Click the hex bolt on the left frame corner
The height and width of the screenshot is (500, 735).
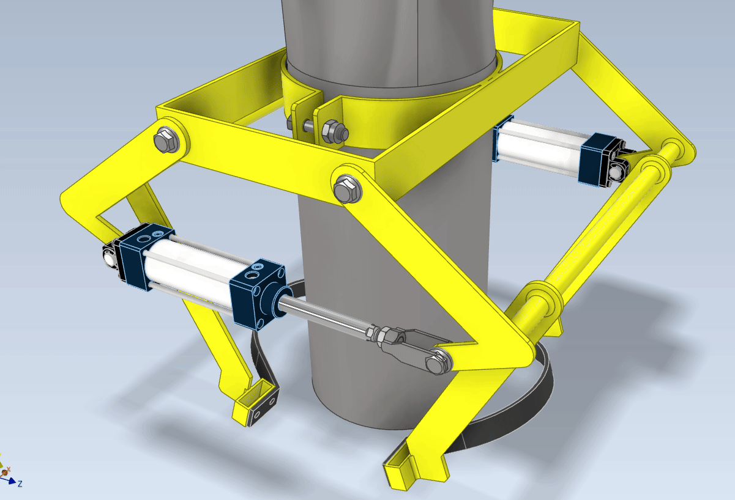(166, 140)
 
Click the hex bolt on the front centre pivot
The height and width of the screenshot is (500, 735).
(348, 189)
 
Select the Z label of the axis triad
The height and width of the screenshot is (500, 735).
(20, 483)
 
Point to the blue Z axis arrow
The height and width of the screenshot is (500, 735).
(8, 480)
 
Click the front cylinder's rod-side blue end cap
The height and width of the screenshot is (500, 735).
(257, 293)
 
